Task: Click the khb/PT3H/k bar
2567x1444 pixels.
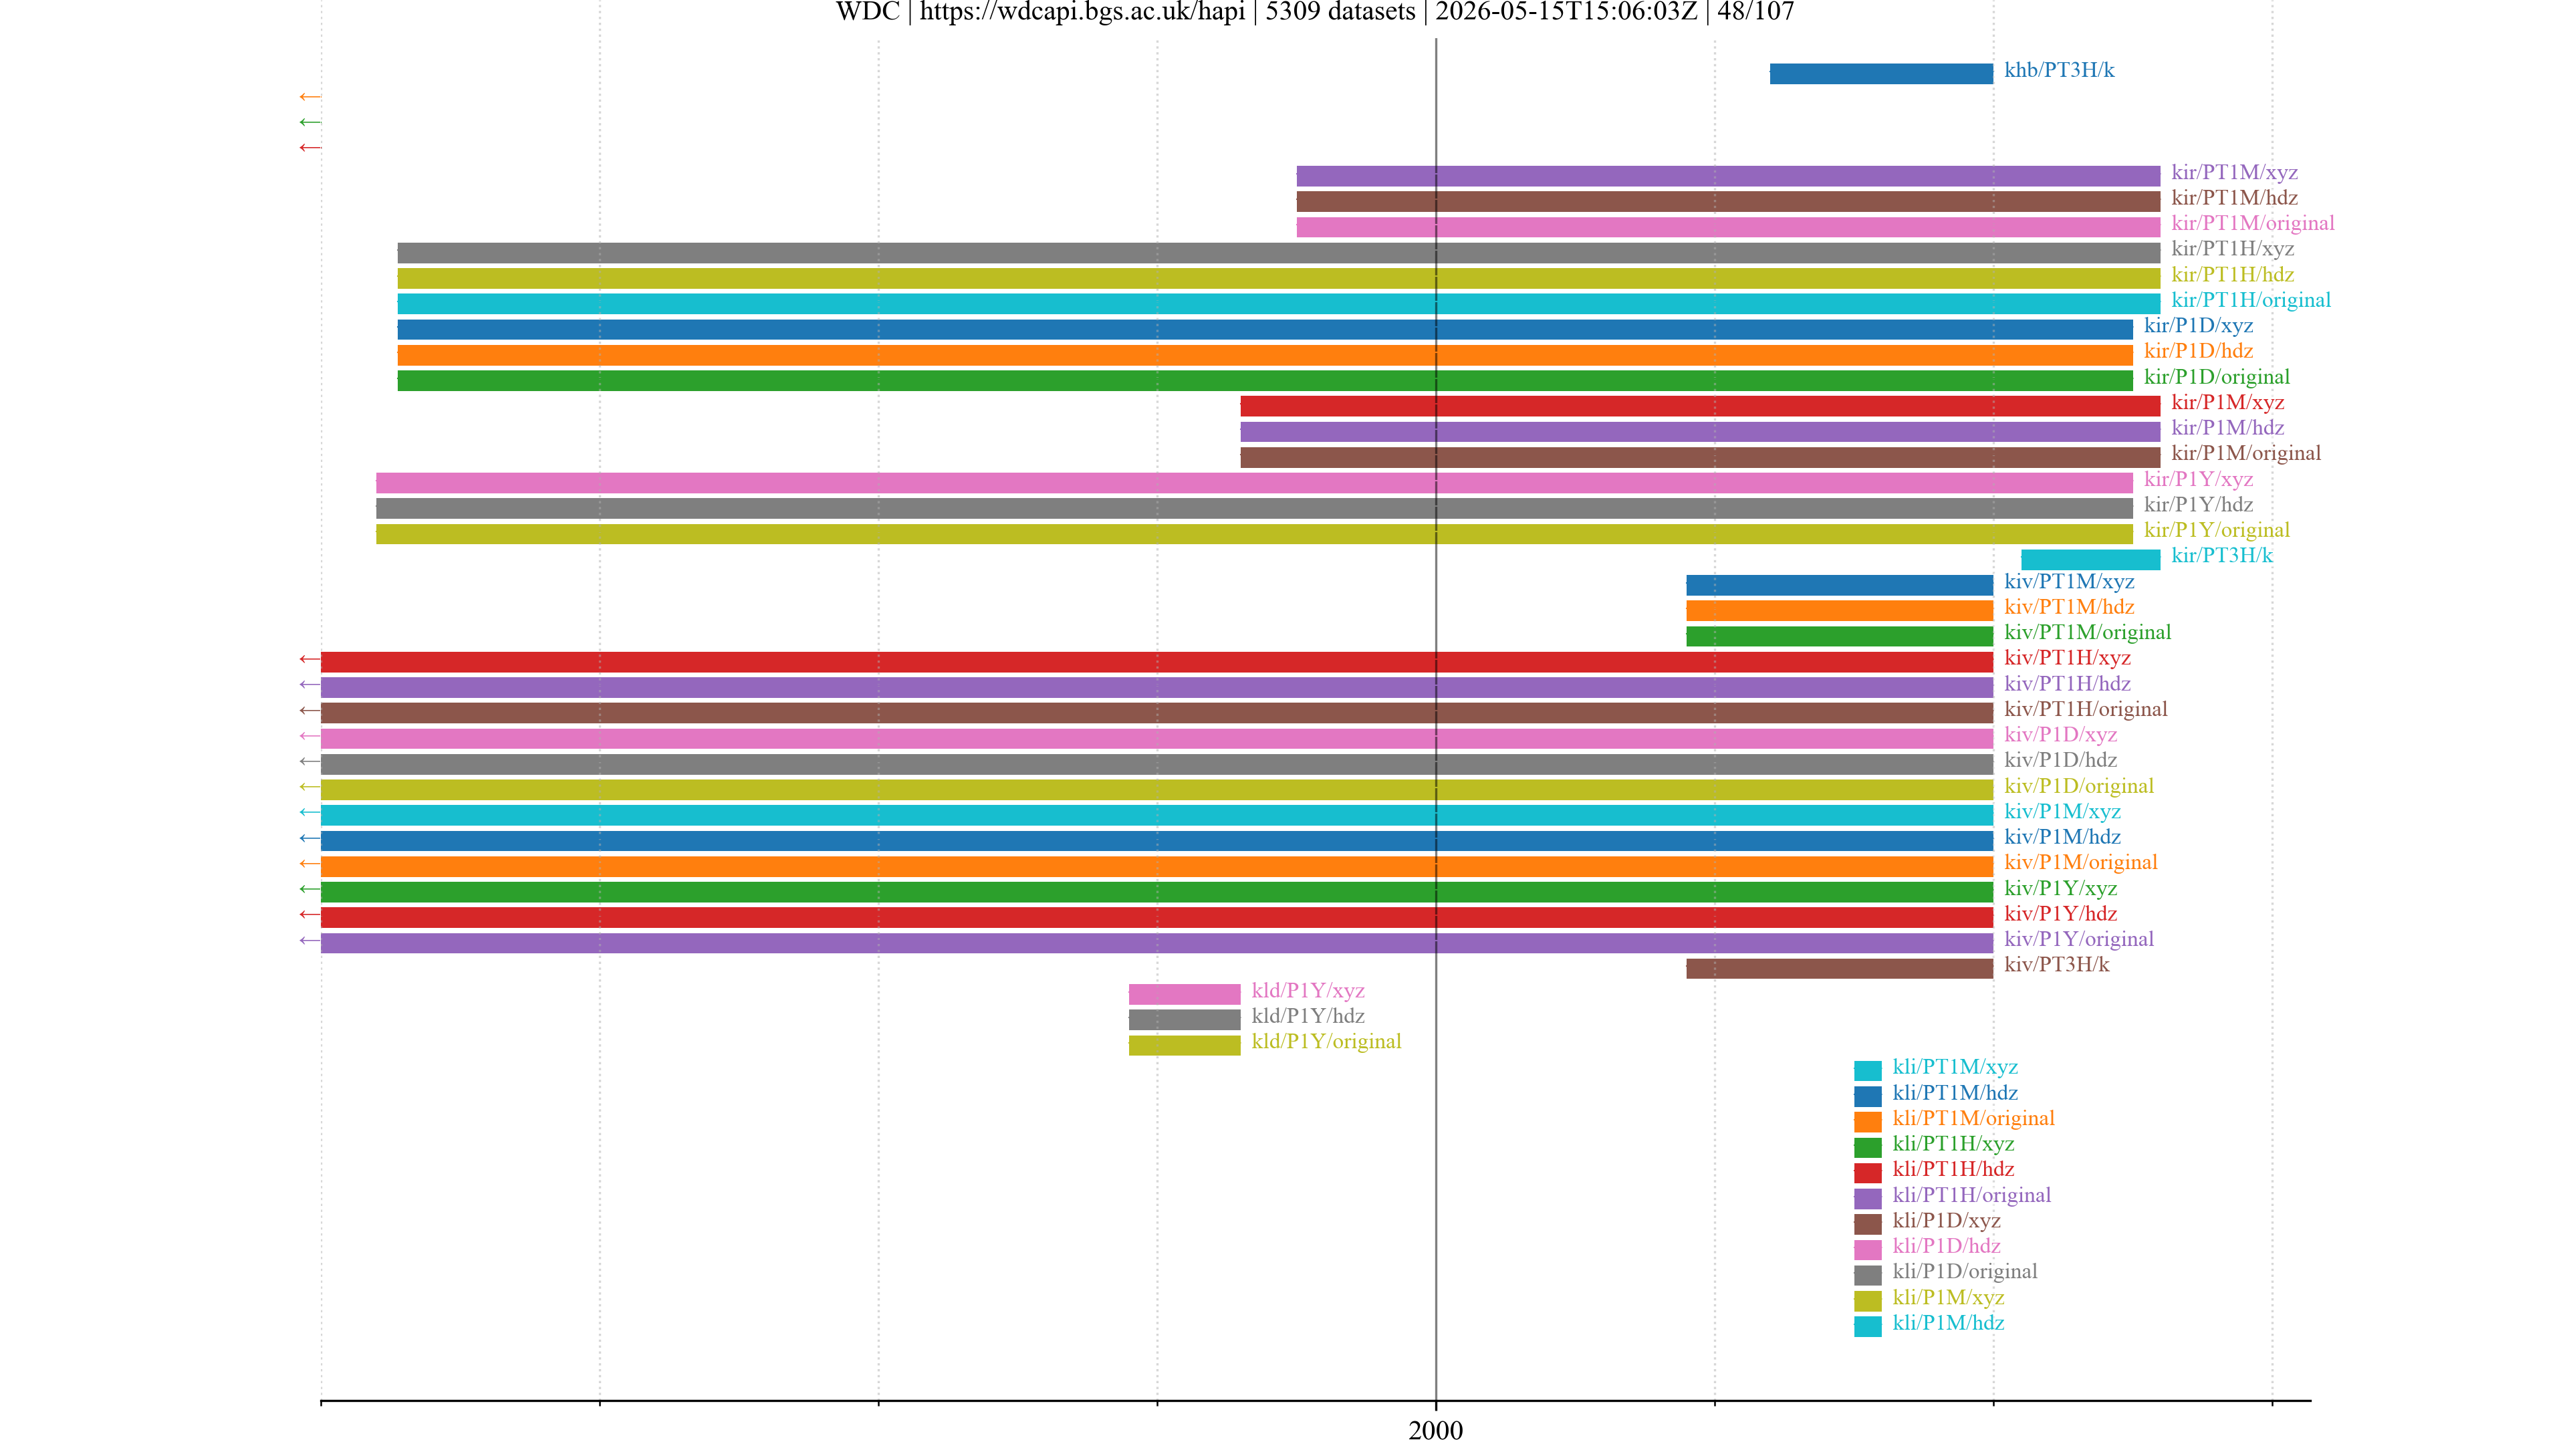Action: [1880, 74]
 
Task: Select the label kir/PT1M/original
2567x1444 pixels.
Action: [2252, 223]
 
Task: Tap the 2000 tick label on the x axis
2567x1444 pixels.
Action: [1435, 1430]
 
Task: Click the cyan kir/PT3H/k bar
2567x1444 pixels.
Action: [2090, 559]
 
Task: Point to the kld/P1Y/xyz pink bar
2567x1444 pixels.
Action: [1184, 993]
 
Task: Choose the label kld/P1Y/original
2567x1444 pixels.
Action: [1326, 1042]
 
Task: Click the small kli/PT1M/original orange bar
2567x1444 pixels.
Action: [1868, 1121]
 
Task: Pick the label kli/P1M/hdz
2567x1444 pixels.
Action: [1948, 1322]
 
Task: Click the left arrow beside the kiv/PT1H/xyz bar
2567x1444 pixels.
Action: [310, 658]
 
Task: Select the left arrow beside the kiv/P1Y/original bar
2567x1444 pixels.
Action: [310, 941]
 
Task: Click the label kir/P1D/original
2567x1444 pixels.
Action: [2216, 376]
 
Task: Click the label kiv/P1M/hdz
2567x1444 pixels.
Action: [2062, 837]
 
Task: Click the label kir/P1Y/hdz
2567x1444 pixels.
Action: [2198, 504]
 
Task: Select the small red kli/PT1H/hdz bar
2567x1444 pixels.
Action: [1868, 1172]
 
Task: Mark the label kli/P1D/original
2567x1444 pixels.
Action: [1964, 1272]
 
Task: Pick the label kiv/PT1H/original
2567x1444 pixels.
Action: [2086, 709]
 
